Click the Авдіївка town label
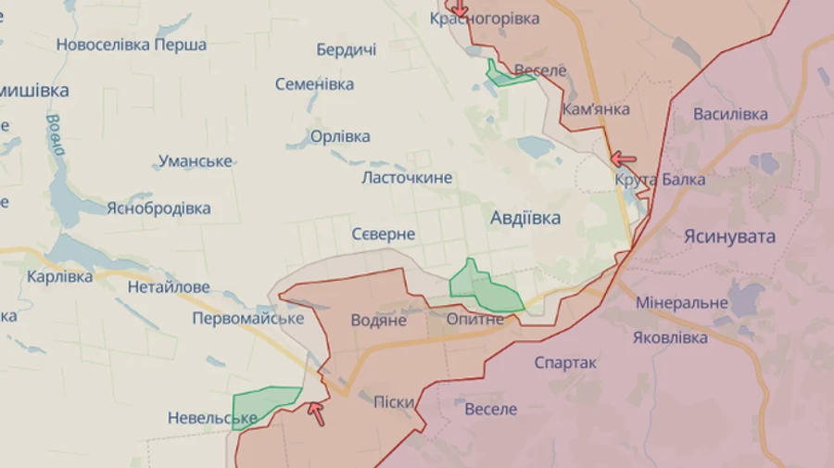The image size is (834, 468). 525,219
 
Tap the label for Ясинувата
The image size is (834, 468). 729,236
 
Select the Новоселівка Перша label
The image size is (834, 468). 132,44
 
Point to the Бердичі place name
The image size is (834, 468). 346,50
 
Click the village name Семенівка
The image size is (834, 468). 314,84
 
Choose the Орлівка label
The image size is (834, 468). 340,136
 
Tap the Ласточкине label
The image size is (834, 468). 407,177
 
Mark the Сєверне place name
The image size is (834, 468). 384,234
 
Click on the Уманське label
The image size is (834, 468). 195,161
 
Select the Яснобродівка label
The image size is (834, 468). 158,209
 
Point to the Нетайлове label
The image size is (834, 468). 169,287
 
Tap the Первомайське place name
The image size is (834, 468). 248,318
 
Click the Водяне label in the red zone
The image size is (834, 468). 379,320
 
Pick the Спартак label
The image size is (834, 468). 565,362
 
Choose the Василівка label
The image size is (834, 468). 731,114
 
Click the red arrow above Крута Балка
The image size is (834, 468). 623,159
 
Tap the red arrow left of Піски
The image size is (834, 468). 317,412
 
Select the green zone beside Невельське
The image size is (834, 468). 262,403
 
